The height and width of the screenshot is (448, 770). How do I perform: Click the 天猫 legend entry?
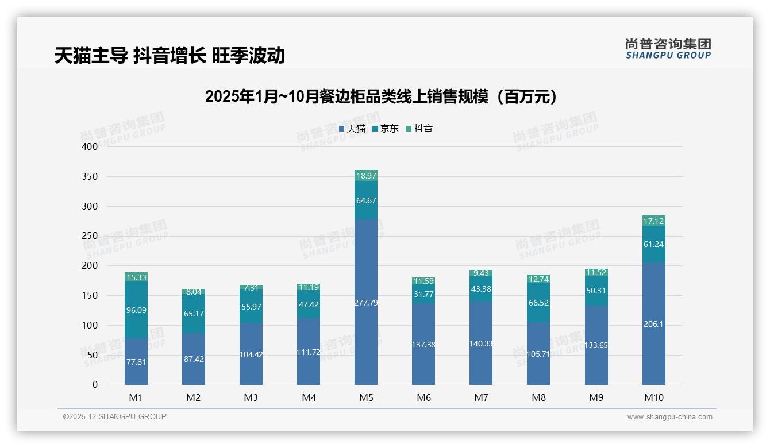click(x=352, y=129)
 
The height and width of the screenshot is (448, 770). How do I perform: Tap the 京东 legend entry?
click(x=386, y=129)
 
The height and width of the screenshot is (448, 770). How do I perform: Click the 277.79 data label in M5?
click(x=366, y=303)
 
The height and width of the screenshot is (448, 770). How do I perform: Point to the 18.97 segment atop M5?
click(x=366, y=176)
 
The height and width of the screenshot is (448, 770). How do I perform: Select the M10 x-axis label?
click(x=653, y=397)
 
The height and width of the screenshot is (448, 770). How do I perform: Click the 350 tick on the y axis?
click(x=90, y=176)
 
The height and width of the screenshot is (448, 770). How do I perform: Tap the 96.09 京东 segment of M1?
click(x=136, y=310)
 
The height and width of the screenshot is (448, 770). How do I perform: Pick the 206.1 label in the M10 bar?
click(x=653, y=324)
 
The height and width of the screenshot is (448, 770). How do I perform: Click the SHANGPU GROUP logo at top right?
click(x=668, y=49)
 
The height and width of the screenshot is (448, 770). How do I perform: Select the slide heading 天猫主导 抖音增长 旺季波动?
click(x=170, y=56)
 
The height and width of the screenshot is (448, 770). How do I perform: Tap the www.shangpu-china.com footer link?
click(x=669, y=417)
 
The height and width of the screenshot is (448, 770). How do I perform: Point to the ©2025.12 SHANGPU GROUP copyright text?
click(x=115, y=417)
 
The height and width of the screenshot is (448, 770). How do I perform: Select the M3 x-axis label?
click(x=251, y=397)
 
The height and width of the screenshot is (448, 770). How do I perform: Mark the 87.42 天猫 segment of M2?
click(x=194, y=359)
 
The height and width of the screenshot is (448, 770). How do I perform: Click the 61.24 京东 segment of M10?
click(x=653, y=244)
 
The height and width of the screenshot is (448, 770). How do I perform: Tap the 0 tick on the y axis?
click(x=95, y=385)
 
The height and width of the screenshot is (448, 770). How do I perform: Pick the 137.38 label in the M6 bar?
click(x=423, y=345)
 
